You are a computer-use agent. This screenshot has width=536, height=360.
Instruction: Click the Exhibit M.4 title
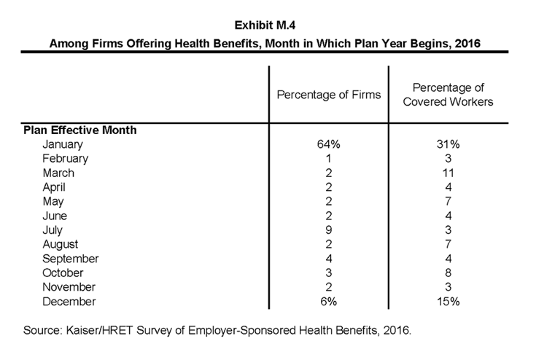pos(265,26)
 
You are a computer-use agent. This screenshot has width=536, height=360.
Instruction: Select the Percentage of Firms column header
pos(328,95)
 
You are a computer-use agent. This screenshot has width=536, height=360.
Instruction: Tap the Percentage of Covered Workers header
pos(448,95)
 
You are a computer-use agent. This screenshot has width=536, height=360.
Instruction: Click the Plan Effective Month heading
pos(80,130)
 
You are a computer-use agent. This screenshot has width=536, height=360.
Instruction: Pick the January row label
pos(63,144)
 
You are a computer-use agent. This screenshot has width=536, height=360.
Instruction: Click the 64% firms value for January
pos(328,144)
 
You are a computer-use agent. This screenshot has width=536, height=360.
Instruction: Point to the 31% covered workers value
pos(448,144)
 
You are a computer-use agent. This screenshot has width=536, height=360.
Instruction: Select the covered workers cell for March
pos(448,173)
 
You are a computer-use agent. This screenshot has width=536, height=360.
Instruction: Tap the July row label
pos(53,230)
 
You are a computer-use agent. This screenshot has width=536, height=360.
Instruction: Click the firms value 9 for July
pos(328,230)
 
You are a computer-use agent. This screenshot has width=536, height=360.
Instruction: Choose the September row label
pos(71,259)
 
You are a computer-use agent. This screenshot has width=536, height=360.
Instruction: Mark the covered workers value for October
pos(448,273)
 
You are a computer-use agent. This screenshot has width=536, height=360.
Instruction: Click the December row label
pos(69,302)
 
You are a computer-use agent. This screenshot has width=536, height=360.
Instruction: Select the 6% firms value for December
pos(328,302)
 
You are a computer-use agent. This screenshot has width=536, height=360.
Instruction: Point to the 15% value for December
pos(448,302)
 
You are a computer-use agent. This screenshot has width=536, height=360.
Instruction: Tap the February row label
pos(66,159)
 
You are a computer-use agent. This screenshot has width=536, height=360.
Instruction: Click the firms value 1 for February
pos(328,159)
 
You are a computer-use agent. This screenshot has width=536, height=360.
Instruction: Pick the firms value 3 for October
pos(328,273)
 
